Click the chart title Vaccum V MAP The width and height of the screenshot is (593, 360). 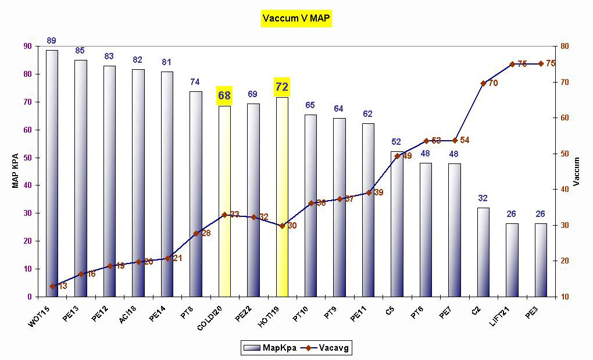pyautogui.click(x=296, y=19)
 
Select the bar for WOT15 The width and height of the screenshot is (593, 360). pyautogui.click(x=52, y=174)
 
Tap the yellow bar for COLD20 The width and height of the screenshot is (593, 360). pyautogui.click(x=224, y=201)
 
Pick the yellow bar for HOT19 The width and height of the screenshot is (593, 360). pyautogui.click(x=282, y=198)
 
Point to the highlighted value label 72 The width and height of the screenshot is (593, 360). pyautogui.click(x=282, y=87)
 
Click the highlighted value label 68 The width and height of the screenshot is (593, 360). pyautogui.click(x=224, y=95)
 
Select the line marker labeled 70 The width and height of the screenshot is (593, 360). pyautogui.click(x=483, y=83)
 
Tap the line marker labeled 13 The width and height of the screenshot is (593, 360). pyautogui.click(x=52, y=286)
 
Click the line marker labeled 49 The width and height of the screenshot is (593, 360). pyautogui.click(x=397, y=155)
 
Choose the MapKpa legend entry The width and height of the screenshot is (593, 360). pyautogui.click(x=269, y=348)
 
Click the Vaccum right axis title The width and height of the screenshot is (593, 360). pyautogui.click(x=577, y=171)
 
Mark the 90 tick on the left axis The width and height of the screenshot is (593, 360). pyautogui.click(x=27, y=47)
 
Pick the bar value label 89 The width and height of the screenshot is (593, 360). pyautogui.click(x=52, y=41)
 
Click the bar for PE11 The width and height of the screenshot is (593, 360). pyautogui.click(x=368, y=209)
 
